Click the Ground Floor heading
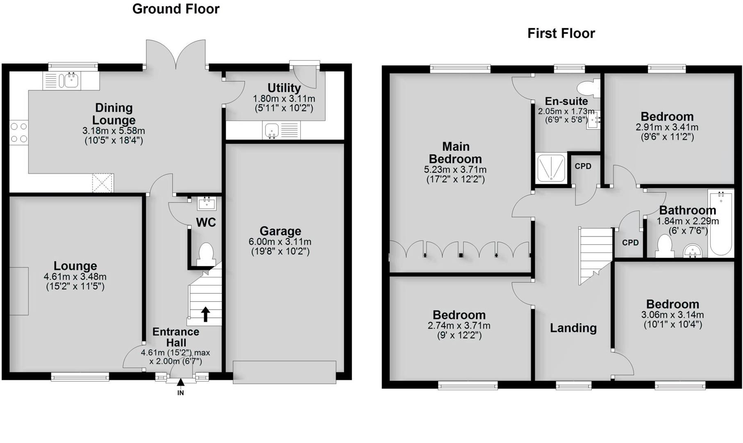pos(176,9)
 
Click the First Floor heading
pos(561,33)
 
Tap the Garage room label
pos(280,231)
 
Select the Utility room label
pos(284,88)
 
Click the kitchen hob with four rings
pos(19,132)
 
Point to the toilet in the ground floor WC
pos(206,255)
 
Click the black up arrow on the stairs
pos(205,314)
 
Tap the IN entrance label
pos(180,393)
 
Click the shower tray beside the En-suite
pos(551,168)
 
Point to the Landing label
pos(573,328)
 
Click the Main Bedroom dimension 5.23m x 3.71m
pos(455,169)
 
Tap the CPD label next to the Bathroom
pos(630,243)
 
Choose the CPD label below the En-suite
pos(583,166)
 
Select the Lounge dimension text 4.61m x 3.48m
pos(75,277)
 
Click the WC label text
pos(206,222)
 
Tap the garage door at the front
pos(284,372)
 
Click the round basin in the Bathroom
pos(693,251)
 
